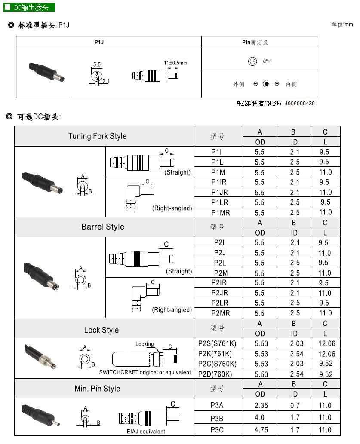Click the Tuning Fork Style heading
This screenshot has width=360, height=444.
pos(98,136)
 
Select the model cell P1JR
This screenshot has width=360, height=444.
pos(219,192)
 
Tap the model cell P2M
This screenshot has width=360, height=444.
pos(219,273)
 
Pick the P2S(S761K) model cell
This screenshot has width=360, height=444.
pos(218,343)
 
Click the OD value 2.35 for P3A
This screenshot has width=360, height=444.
pos(260,405)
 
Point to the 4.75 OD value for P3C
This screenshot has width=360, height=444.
pos(260,429)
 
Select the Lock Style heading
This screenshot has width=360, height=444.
pos(102,330)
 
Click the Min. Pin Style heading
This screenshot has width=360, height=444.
pos(97,389)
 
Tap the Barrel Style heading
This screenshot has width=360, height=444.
pos(103,227)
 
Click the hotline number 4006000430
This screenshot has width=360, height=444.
pos(299,104)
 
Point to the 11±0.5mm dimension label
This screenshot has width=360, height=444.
pos(175,63)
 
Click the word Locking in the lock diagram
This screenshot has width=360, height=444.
pos(145,344)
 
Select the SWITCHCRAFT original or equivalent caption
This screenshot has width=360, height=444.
pos(145,372)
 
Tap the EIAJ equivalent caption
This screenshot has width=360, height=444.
pos(146,432)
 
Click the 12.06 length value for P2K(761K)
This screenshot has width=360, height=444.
pos(326,354)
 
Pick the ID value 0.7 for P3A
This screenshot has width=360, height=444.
pos(295,405)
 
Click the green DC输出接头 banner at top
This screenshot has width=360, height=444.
pos(30,7)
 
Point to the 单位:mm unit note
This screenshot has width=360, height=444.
pos(342,24)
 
